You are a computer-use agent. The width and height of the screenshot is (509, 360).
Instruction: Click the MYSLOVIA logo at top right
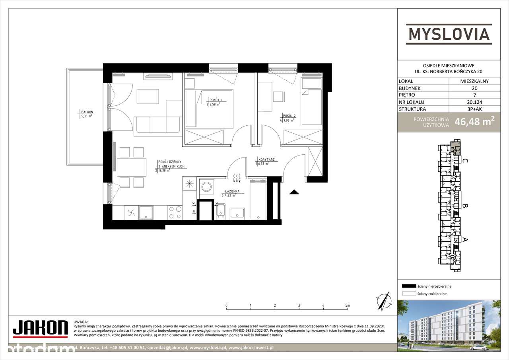point(449,33)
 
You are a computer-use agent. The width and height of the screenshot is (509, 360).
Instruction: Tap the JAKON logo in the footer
point(40,328)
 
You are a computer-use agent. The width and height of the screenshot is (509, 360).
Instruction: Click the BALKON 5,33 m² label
point(86,114)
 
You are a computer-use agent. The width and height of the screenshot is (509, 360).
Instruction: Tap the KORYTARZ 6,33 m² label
point(265,161)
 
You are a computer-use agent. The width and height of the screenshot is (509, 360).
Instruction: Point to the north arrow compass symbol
point(383,300)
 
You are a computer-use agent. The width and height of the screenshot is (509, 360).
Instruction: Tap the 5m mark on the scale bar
point(348,306)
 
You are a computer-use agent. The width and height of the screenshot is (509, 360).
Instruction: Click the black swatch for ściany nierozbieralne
point(408,286)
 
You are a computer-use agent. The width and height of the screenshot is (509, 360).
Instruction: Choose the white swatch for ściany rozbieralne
point(408,294)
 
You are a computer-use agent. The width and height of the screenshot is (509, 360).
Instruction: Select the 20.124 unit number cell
point(474,102)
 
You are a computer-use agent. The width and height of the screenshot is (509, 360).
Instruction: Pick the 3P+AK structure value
point(474,109)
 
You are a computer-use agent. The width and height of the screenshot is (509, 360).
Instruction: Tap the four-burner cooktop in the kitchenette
point(175,212)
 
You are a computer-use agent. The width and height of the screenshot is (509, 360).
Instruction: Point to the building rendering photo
point(449,325)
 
